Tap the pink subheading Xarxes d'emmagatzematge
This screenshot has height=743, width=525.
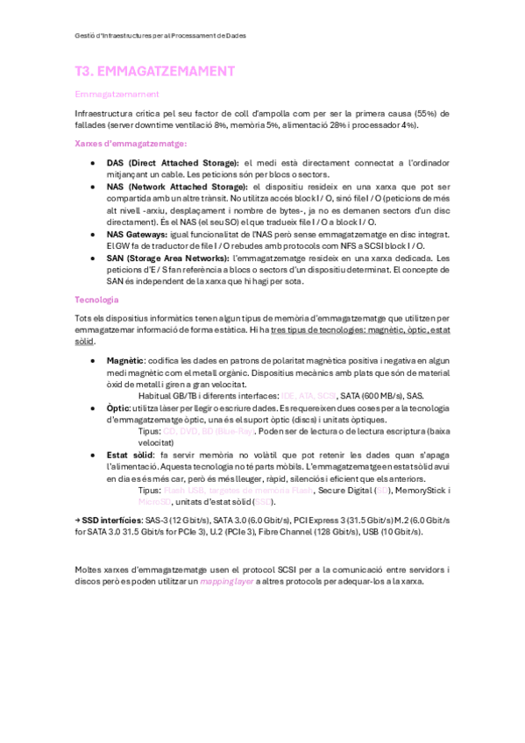(131, 144)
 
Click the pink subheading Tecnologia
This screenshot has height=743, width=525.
(96, 300)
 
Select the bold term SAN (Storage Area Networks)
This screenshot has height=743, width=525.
(169, 258)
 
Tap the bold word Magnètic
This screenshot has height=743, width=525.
(126, 360)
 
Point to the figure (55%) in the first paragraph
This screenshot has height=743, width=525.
(422, 114)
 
